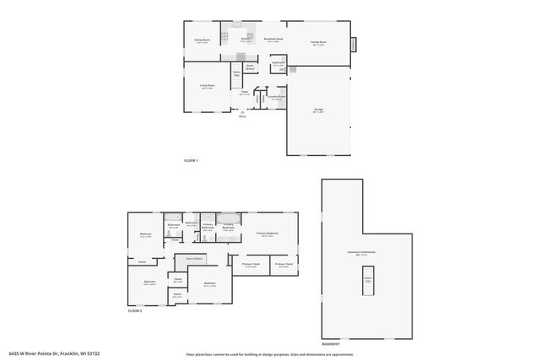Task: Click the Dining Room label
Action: pyautogui.click(x=202, y=40)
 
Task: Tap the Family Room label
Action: pyautogui.click(x=318, y=43)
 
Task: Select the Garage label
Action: pyautogui.click(x=319, y=110)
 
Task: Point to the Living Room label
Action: pyautogui.click(x=207, y=86)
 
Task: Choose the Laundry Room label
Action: pyautogui.click(x=276, y=97)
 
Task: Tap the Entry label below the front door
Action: pyautogui.click(x=242, y=116)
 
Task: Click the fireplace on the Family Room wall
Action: pyautogui.click(x=354, y=43)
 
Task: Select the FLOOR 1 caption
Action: pyautogui.click(x=191, y=160)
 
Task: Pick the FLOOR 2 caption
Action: pyautogui.click(x=135, y=311)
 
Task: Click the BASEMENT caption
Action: pyautogui.click(x=331, y=344)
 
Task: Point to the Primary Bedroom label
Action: pyautogui.click(x=267, y=234)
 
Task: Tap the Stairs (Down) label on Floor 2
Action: pyautogui.click(x=195, y=260)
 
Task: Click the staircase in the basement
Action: pyautogui.click(x=367, y=287)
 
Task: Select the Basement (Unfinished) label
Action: pyautogui.click(x=367, y=252)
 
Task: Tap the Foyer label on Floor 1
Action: pyautogui.click(x=244, y=92)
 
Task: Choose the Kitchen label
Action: pyautogui.click(x=246, y=40)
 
